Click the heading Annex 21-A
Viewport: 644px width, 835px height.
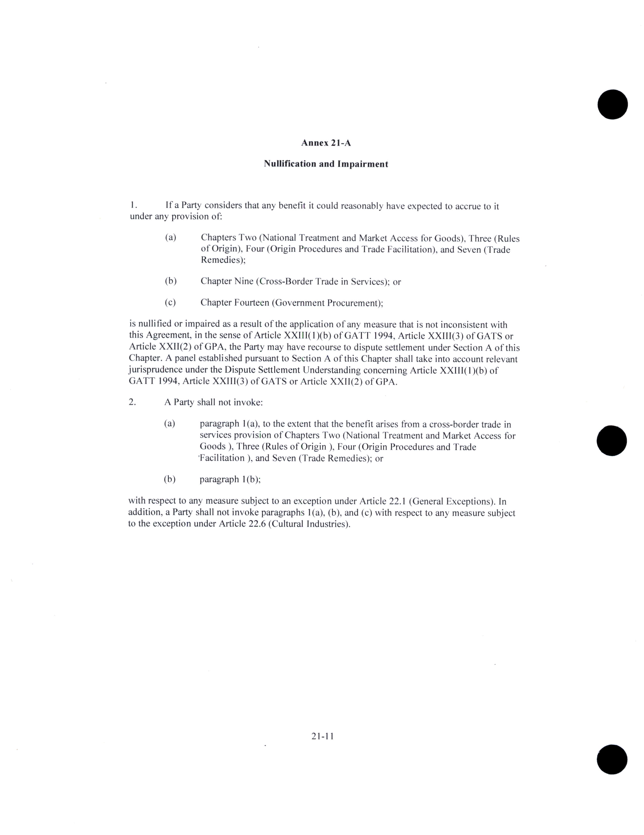pos(326,143)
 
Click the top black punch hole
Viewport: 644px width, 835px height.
pos(613,104)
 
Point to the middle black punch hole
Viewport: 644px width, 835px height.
pos(612,441)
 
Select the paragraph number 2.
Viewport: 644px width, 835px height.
pos(132,402)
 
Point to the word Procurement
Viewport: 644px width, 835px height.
pos(355,303)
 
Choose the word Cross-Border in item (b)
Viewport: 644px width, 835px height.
pos(286,281)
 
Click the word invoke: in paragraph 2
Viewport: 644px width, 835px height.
pos(248,402)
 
